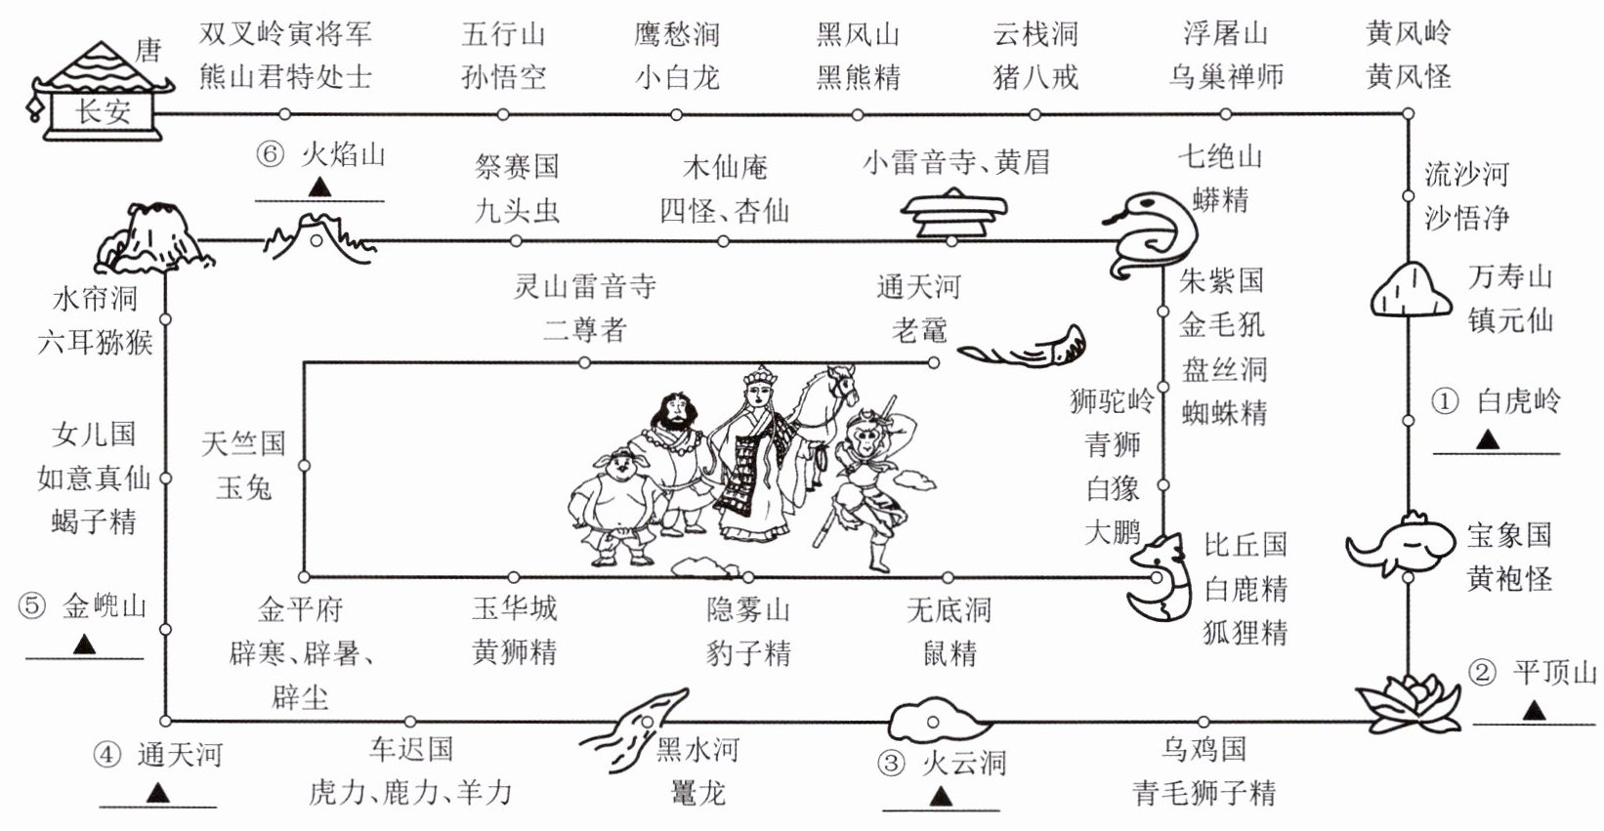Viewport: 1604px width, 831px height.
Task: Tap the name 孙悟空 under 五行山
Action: point(503,76)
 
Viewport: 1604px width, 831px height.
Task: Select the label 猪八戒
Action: point(1035,76)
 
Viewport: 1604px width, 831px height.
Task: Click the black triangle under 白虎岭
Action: point(1487,440)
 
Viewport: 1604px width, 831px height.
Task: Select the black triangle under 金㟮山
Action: point(84,645)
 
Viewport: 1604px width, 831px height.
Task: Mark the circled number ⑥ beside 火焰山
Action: point(271,155)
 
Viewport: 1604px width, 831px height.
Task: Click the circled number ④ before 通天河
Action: point(106,755)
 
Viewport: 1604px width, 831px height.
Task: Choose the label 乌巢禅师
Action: point(1225,76)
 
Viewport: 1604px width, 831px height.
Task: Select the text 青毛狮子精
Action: point(1203,792)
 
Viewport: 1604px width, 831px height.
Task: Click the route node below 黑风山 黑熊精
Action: point(857,115)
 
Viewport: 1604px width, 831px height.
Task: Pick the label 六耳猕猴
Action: point(95,342)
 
